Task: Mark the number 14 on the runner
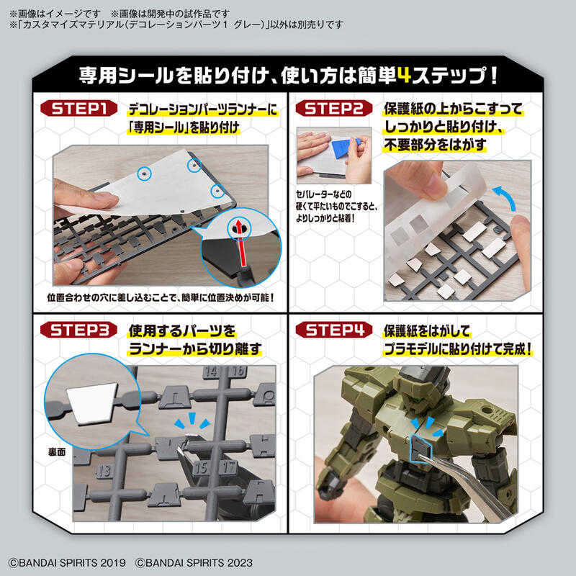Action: [212, 372]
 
